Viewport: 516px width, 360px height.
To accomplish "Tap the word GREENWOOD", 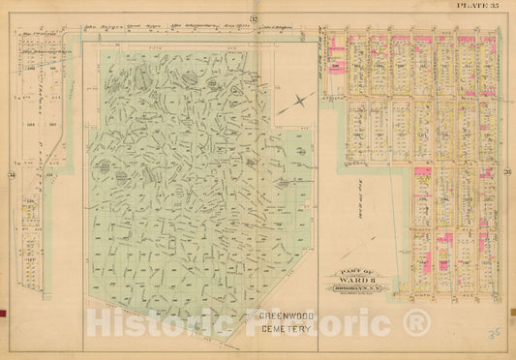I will (x=281, y=316).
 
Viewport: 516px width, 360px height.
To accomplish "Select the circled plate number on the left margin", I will (x=11, y=173).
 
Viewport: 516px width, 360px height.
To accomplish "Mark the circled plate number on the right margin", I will (x=506, y=173).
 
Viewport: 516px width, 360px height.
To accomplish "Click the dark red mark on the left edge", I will (x=3, y=314).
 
